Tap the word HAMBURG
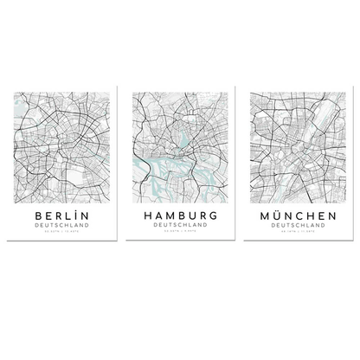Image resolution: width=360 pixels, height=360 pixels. click(179, 213)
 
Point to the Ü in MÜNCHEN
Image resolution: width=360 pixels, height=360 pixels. click(278, 212)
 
